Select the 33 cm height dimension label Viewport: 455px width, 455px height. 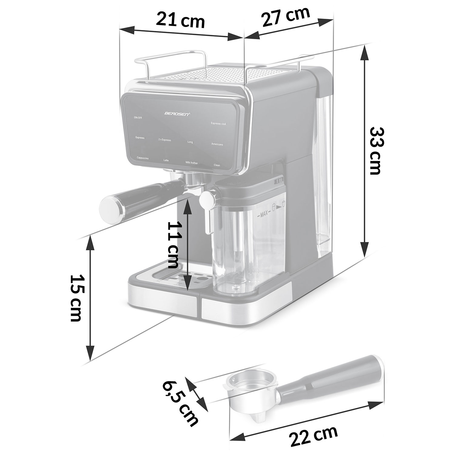[x=376, y=151]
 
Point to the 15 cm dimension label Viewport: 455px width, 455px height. [x=76, y=298]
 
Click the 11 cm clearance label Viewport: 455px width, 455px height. [x=173, y=245]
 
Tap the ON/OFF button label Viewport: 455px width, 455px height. [x=138, y=118]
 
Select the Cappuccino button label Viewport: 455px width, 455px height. [x=143, y=158]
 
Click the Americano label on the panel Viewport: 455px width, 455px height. [x=217, y=144]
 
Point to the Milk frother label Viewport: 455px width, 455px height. [x=192, y=163]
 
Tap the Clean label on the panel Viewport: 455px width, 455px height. [x=217, y=165]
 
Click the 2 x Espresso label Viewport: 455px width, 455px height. [x=165, y=140]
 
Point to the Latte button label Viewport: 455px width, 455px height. [x=166, y=160]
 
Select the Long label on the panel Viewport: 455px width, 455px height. [x=190, y=142]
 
